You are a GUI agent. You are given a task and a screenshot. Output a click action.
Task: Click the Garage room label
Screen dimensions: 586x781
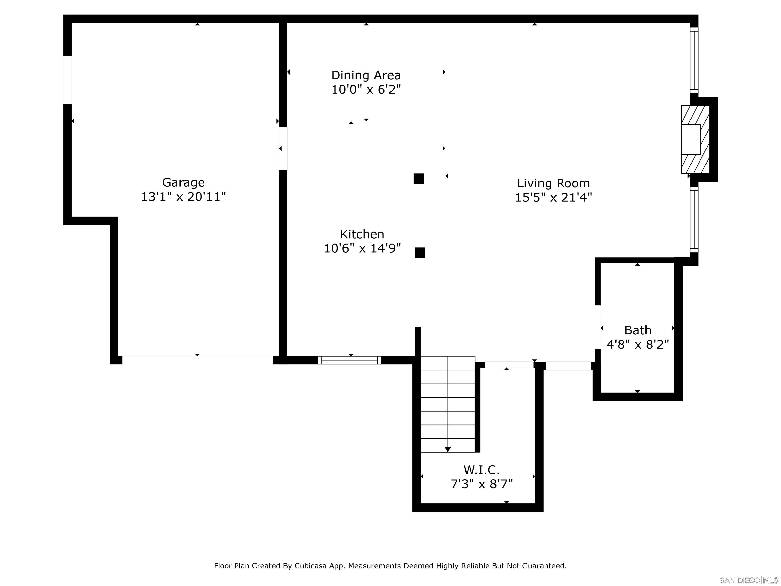(x=183, y=182)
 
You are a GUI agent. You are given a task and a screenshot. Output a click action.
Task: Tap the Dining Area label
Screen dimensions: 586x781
(x=366, y=75)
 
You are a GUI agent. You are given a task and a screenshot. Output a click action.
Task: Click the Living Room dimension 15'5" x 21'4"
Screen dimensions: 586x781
(x=553, y=197)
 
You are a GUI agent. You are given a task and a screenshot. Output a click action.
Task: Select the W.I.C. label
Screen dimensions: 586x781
(x=481, y=470)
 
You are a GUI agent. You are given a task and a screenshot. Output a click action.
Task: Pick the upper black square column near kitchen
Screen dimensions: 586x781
(x=419, y=179)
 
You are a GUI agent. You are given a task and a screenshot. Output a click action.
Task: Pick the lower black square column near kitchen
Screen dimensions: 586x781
(x=420, y=253)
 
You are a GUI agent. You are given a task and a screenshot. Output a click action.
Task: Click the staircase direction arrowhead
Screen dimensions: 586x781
(x=448, y=449)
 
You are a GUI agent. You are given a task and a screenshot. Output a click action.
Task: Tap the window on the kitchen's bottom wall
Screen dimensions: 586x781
(x=350, y=360)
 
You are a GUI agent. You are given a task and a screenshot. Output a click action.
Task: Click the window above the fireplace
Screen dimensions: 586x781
(x=694, y=60)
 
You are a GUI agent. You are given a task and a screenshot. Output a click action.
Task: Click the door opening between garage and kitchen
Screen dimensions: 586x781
(x=283, y=148)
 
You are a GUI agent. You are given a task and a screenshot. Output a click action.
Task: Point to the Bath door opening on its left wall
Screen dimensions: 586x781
(x=598, y=327)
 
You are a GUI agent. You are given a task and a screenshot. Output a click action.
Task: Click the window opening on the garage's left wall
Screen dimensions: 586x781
(x=67, y=80)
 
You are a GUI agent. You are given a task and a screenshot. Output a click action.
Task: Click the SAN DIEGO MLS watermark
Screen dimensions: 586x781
(x=748, y=581)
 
